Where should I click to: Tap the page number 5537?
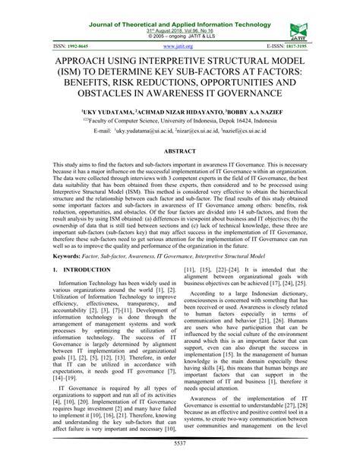180,443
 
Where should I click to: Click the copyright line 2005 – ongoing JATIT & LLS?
180,26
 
